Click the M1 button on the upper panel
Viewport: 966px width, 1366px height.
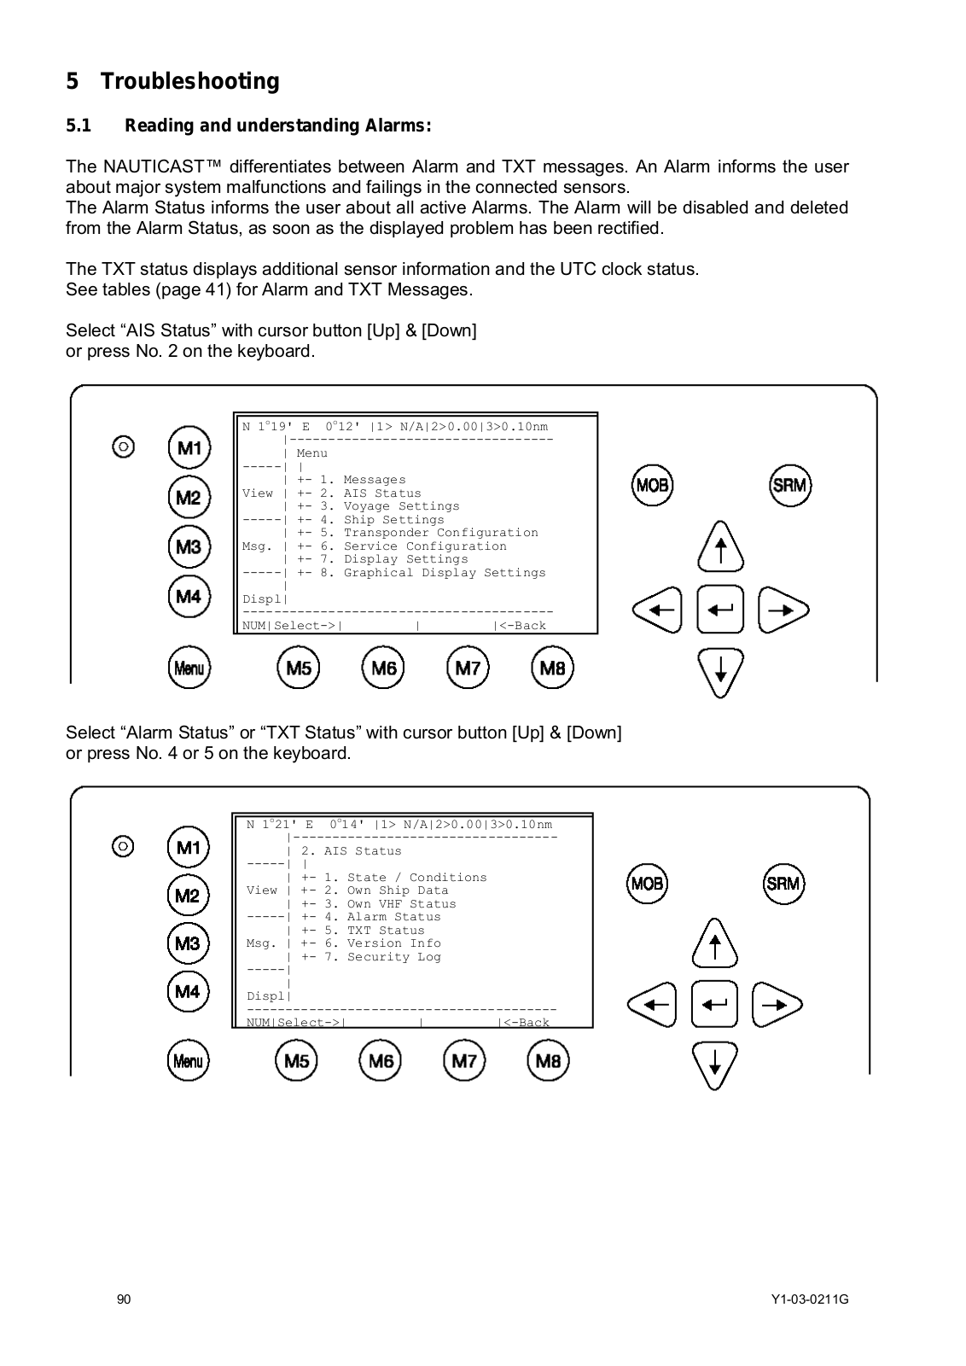coord(189,447)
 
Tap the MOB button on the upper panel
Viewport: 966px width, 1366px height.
coord(652,485)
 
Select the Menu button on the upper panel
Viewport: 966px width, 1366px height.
coord(189,668)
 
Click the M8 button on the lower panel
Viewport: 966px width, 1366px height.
coord(548,1060)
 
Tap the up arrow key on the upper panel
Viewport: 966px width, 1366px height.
coord(720,547)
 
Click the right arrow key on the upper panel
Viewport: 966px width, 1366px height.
coord(782,610)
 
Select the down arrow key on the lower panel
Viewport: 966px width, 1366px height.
coord(714,1065)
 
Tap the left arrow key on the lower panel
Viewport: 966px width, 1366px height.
coord(652,1005)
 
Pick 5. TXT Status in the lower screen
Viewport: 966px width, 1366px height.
coord(374,931)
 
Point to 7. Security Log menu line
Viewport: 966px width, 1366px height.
coord(381,957)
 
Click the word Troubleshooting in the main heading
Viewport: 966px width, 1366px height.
coord(190,82)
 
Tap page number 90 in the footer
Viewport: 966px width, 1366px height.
coord(125,1299)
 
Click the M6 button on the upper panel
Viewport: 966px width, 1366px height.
coord(383,668)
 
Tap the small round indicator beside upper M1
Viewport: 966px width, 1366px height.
coord(124,447)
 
